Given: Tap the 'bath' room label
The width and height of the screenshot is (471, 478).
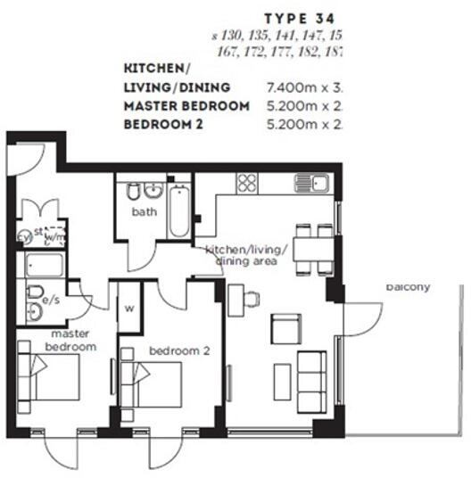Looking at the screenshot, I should [x=145, y=212].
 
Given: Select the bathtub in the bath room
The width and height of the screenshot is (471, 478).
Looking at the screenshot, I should [x=179, y=210].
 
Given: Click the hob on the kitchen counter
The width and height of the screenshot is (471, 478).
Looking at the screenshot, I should [x=246, y=184].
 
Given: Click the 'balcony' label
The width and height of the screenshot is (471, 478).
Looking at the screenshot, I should [x=409, y=287].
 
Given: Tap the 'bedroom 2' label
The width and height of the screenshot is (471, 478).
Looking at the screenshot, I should [x=179, y=350].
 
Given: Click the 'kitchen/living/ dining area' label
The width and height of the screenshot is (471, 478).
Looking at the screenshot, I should [x=245, y=255].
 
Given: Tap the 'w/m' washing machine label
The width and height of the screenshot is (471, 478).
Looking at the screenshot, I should [x=54, y=237].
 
